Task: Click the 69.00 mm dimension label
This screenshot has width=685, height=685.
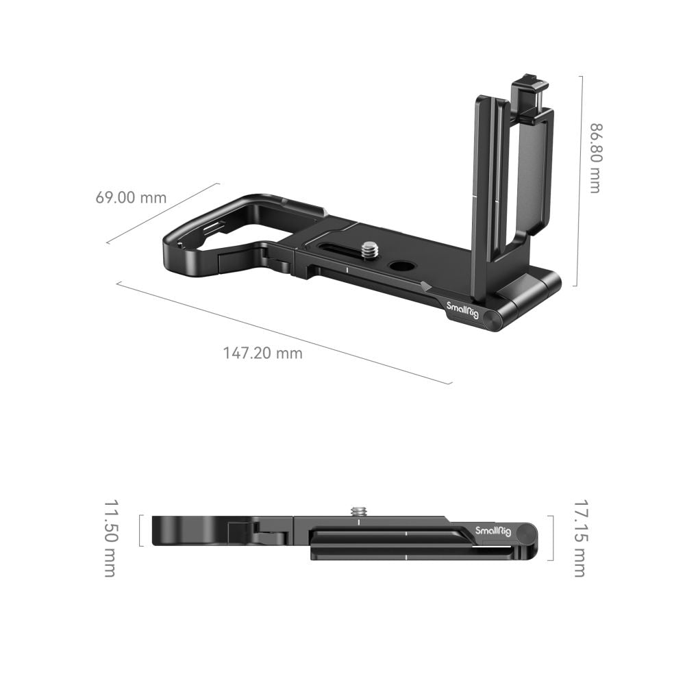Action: (131, 198)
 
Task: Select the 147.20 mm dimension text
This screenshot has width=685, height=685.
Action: (262, 353)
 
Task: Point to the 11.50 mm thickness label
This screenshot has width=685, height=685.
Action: (110, 538)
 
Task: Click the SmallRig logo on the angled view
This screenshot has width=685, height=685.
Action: (463, 312)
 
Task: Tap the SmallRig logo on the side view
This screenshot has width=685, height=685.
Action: (491, 531)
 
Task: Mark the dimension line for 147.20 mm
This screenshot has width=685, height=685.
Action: (284, 333)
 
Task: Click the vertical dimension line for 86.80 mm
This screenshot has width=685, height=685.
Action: (581, 181)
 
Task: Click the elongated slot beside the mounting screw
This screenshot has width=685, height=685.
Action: (337, 247)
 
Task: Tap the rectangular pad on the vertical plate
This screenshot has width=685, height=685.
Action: (534, 171)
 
